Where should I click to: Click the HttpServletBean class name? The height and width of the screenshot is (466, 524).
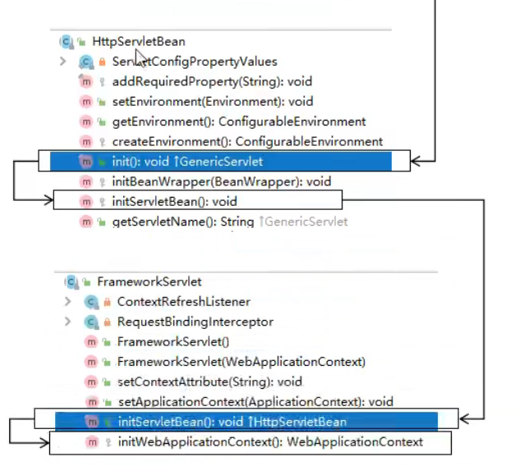click(138, 41)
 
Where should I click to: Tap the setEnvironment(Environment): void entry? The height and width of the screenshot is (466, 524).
click(212, 102)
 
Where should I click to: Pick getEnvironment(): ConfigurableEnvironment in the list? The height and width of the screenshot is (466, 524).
click(238, 121)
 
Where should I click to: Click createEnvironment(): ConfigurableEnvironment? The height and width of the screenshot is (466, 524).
click(246, 141)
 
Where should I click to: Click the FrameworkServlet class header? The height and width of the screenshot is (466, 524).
click(149, 281)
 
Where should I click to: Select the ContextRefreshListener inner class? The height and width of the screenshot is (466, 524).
click(183, 302)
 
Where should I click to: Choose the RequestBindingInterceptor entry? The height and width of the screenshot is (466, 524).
click(195, 322)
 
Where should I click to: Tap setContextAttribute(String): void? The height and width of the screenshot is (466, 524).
click(209, 381)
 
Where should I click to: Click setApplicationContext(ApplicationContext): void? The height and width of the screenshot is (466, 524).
click(255, 401)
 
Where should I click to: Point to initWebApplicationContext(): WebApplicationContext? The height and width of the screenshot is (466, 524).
click(270, 441)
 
